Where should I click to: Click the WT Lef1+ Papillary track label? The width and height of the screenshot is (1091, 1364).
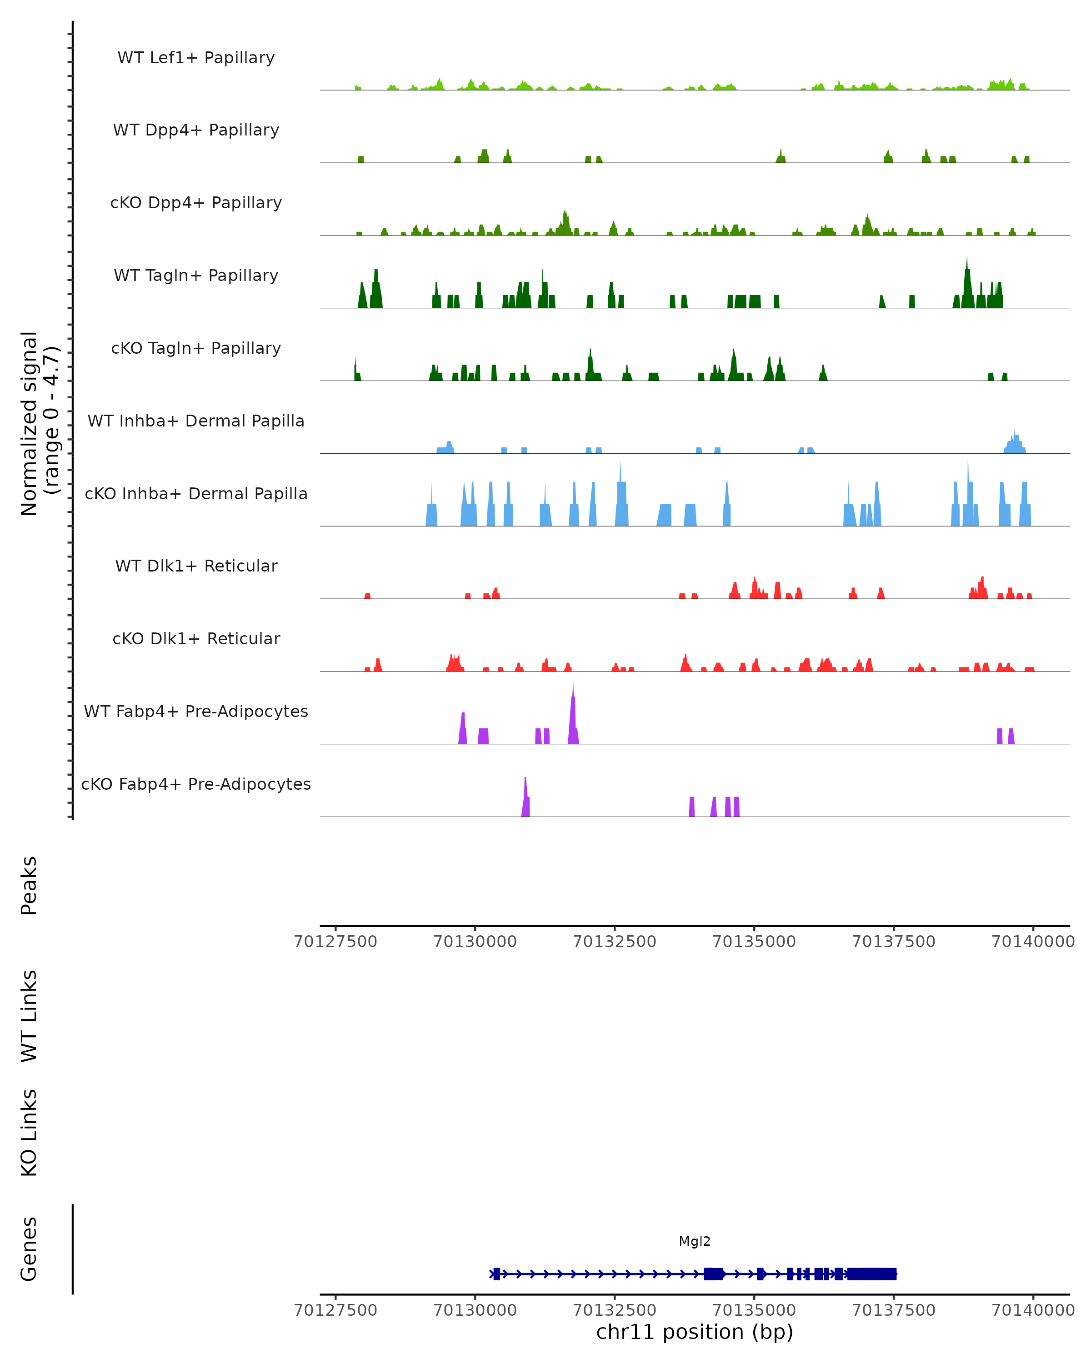[x=196, y=58]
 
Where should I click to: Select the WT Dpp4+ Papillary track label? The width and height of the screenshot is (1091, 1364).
[x=196, y=130]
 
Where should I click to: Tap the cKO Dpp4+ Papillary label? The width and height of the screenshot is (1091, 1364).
[x=196, y=203]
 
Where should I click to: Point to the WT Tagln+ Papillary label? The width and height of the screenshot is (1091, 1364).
[x=196, y=276]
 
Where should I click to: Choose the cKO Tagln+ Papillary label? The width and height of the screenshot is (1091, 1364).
[x=196, y=349]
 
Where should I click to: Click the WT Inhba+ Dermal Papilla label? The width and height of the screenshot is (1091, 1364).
[x=196, y=421]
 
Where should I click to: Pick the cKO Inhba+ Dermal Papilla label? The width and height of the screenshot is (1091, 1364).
[x=196, y=494]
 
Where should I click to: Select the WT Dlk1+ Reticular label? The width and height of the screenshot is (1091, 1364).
[x=196, y=566]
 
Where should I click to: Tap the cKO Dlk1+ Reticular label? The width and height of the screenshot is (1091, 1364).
[x=196, y=639]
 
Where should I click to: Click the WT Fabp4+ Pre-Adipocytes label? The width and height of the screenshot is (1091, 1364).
[x=196, y=712]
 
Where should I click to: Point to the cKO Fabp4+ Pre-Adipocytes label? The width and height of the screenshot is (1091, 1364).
[x=196, y=784]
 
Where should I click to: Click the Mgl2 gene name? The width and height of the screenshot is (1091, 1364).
[x=695, y=1242]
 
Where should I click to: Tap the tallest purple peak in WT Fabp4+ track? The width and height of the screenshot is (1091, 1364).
[x=573, y=708]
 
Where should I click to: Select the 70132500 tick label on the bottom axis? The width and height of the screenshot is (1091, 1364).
[x=614, y=1310]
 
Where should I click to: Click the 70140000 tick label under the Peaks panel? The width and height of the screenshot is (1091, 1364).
[x=1033, y=942]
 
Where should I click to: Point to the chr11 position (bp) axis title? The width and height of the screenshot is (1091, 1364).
[x=695, y=1332]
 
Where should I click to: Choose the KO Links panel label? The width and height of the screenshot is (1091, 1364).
[x=29, y=1133]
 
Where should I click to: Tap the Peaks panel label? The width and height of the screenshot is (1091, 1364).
[x=29, y=886]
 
